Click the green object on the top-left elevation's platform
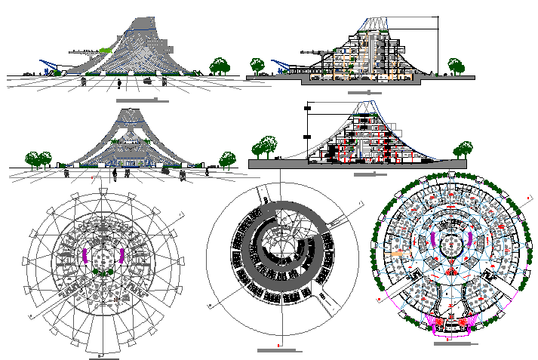click(x=105, y=50)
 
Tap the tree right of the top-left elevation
click(x=220, y=66)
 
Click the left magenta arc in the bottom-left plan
click(x=86, y=254)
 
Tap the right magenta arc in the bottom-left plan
click(x=121, y=254)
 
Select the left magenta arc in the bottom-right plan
click(x=432, y=242)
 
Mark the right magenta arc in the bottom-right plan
click(x=472, y=242)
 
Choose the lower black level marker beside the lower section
click(x=307, y=137)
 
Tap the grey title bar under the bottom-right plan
click(x=456, y=343)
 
